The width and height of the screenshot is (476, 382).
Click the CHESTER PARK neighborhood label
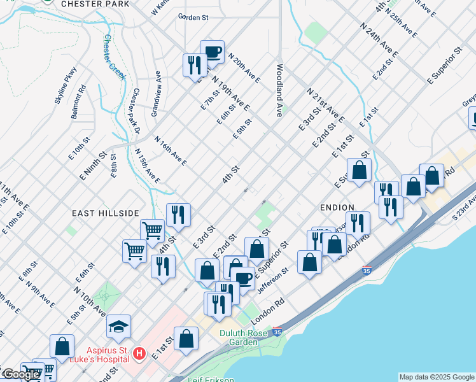pos(95,4)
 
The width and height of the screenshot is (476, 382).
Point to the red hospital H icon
pos(138,352)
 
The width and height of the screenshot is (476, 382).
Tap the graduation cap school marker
pos(118,327)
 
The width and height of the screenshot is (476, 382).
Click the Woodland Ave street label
pos(279,89)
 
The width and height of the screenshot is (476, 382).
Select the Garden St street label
pos(193,18)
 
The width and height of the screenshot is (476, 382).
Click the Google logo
pos(20,374)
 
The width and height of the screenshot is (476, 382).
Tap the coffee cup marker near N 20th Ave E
pos(212,52)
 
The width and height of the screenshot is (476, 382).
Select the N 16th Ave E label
pos(170,151)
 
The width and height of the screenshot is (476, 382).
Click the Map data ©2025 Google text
pos(437,377)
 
